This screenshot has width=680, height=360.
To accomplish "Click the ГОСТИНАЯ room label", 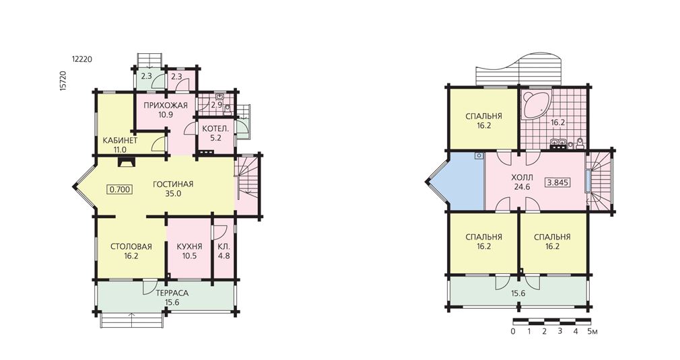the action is [173, 184].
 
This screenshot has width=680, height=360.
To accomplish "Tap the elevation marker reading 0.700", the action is [120, 189].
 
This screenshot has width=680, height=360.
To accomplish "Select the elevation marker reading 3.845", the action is [558, 182].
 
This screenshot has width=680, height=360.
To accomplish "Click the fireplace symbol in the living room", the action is [127, 162].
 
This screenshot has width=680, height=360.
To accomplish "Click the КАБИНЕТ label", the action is [120, 141].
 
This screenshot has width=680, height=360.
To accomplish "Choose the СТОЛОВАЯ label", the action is [131, 246].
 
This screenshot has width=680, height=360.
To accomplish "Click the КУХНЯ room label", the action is [189, 246].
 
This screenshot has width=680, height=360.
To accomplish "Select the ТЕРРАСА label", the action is [172, 293].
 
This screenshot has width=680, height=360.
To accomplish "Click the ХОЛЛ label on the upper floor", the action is [522, 178].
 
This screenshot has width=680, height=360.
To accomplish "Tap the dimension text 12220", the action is [81, 60].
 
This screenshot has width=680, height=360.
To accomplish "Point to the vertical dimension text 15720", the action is [63, 80].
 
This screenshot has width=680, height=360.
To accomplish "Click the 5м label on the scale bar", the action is [593, 332].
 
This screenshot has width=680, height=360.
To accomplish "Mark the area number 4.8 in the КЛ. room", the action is [224, 256].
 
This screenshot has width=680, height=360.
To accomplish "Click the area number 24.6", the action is [522, 187].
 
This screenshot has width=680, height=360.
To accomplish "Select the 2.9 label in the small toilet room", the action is [216, 105].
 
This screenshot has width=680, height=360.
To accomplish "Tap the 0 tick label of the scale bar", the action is [514, 332].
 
